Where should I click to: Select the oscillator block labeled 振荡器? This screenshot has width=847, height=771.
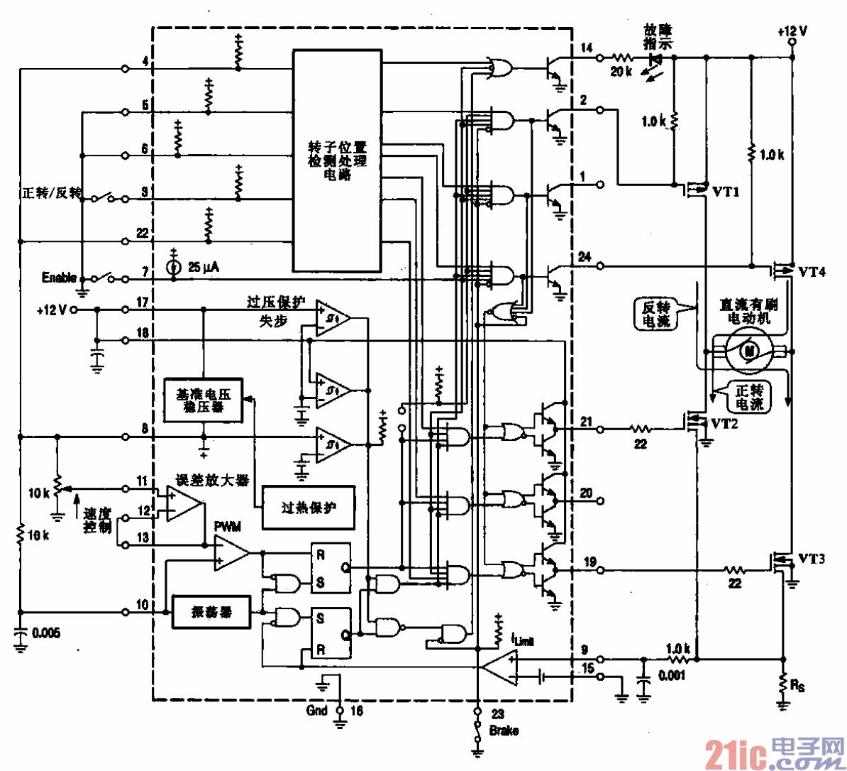tap(211, 611)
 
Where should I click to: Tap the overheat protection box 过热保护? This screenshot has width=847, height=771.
tap(309, 508)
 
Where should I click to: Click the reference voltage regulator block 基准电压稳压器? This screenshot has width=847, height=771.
tap(202, 400)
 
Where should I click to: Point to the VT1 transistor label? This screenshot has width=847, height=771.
tap(726, 192)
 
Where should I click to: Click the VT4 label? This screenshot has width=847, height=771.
tap(812, 271)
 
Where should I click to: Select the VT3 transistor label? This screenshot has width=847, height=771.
tap(812, 558)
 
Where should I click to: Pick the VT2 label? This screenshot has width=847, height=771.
tap(724, 423)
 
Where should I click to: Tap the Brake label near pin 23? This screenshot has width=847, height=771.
tap(504, 730)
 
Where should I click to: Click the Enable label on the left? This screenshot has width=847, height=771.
tap(59, 277)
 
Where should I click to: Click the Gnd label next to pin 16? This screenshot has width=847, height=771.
tap(317, 710)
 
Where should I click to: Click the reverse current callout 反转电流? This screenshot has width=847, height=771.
tap(655, 314)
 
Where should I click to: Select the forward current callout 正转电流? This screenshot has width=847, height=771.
tap(749, 397)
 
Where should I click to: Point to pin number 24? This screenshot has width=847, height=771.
tap(585, 257)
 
